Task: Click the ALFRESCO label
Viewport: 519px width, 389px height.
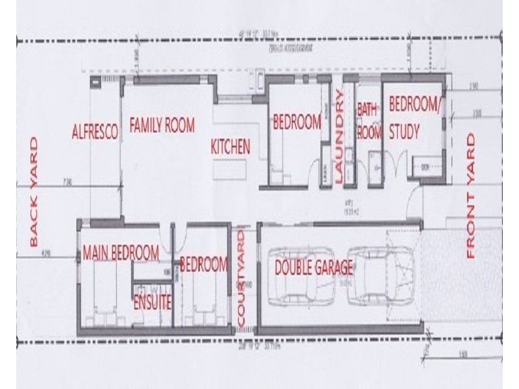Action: click(x=95, y=132)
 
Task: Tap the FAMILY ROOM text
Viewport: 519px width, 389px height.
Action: click(x=162, y=125)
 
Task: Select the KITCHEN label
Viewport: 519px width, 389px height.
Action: click(x=230, y=147)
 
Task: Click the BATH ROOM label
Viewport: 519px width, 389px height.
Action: click(x=368, y=121)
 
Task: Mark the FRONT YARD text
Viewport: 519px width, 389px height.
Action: click(x=471, y=196)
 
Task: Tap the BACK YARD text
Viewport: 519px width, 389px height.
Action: click(x=34, y=192)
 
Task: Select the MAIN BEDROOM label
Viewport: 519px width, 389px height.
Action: click(x=121, y=253)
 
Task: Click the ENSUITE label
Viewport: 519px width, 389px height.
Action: click(x=152, y=302)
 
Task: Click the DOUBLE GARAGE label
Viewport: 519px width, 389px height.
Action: click(x=313, y=267)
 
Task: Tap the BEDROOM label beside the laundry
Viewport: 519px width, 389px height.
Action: click(x=297, y=121)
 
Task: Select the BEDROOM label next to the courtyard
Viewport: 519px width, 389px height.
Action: click(x=204, y=265)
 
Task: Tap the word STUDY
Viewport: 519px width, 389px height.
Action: click(x=404, y=133)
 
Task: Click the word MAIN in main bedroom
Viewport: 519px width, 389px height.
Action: click(x=95, y=253)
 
